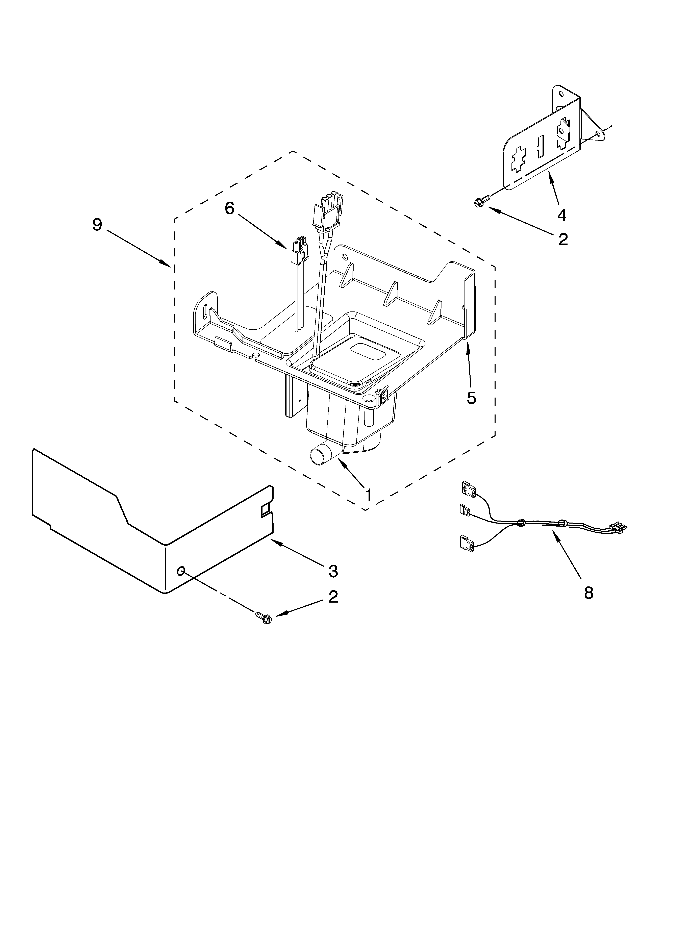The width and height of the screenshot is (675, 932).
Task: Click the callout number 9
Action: (x=97, y=225)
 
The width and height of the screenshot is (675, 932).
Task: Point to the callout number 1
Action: (x=368, y=495)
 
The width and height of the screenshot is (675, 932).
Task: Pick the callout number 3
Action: (x=333, y=571)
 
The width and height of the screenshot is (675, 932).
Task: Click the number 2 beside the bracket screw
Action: (x=563, y=239)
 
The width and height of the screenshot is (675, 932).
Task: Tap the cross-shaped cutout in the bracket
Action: (x=520, y=159)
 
